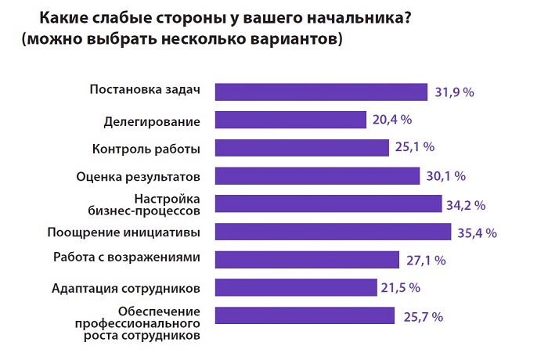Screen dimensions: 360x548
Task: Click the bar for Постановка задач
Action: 321,92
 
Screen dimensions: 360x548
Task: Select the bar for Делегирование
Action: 290,120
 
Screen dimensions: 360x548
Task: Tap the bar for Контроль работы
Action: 301,147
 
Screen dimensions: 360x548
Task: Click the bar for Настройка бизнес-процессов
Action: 328,204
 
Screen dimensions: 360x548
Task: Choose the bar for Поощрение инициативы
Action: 333,232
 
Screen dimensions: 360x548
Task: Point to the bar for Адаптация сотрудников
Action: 294,287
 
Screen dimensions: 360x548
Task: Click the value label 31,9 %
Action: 455,92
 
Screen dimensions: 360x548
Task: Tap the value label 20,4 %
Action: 391,120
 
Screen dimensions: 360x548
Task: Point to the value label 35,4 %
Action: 478,232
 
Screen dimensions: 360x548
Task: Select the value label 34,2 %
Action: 467,205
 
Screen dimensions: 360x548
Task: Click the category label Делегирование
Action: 152,121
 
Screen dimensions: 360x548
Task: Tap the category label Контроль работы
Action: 146,149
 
